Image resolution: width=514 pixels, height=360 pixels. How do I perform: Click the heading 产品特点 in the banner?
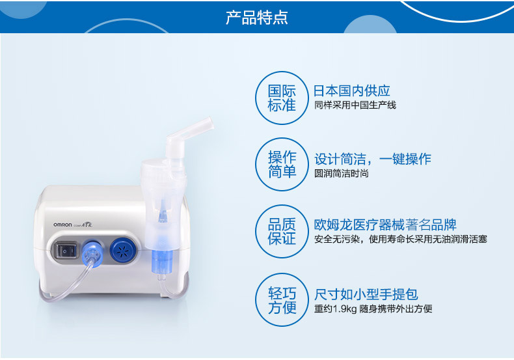click(x=256, y=18)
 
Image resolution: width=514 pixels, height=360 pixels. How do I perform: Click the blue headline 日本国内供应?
click(x=352, y=90)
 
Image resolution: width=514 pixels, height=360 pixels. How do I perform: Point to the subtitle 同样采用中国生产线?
click(x=355, y=105)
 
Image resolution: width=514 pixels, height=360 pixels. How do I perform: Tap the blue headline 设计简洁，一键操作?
click(x=373, y=159)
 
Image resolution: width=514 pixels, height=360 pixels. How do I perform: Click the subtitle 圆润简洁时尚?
click(x=341, y=173)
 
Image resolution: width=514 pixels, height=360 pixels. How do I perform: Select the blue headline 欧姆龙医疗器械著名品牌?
click(x=385, y=225)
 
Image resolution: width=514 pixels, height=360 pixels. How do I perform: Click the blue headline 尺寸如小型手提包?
click(x=366, y=294)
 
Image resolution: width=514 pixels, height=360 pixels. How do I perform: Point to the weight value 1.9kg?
click(x=345, y=309)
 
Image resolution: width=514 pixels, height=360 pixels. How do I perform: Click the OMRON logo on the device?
click(x=62, y=225)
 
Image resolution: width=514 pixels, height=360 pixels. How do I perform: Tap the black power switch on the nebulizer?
click(x=66, y=251)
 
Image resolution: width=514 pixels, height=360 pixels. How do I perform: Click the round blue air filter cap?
click(x=124, y=251)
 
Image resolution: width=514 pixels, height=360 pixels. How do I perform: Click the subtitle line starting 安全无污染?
click(x=401, y=239)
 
